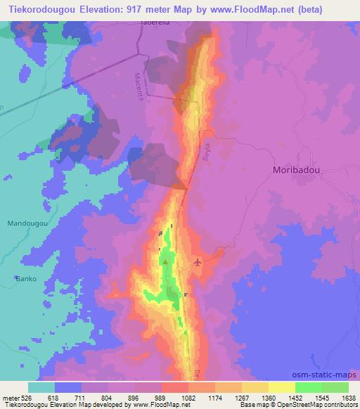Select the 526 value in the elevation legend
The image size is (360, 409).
pos(26,397)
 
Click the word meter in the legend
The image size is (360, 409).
pos(10,397)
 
